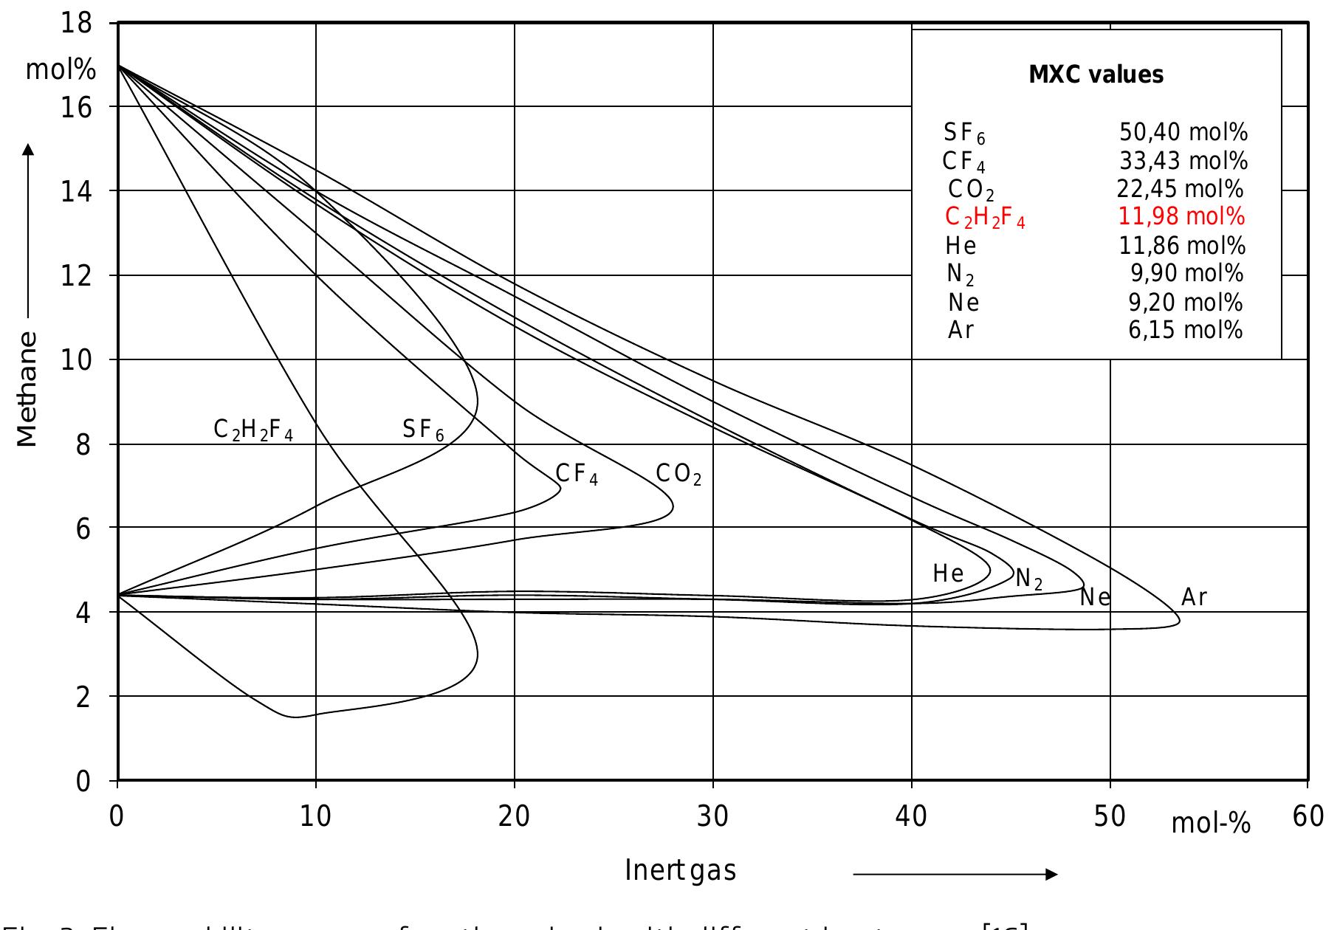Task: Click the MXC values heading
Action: tap(1096, 75)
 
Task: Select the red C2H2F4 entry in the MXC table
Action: tap(985, 218)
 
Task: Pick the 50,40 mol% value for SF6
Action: tap(1183, 132)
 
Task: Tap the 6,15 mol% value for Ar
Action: tap(1185, 330)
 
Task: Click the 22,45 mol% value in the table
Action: tap(1180, 190)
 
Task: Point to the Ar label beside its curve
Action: tap(1194, 597)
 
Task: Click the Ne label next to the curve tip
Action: tap(1095, 597)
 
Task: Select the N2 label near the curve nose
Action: tap(1029, 579)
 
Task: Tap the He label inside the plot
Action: tap(948, 573)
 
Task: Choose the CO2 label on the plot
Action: tap(678, 475)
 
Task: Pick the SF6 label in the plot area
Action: tap(423, 430)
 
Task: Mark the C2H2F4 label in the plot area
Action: tap(253, 430)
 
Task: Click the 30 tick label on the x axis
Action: tap(712, 817)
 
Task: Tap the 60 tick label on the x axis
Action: tap(1308, 817)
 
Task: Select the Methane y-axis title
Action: tap(27, 389)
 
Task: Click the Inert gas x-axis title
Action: tap(680, 871)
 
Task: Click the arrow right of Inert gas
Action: tap(955, 875)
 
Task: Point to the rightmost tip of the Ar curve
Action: tap(1180, 621)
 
